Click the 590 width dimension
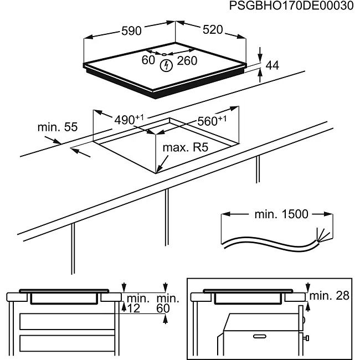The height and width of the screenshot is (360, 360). pos(131,31)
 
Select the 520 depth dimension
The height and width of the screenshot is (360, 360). pos(212,30)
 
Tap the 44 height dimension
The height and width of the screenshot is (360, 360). pos(272,65)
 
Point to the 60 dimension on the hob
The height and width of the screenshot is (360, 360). pos(148,60)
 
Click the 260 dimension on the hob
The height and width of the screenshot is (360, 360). pos(187,60)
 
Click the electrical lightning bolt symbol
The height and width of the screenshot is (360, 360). pos(165,66)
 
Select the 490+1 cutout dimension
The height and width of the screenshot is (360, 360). pos(128,119)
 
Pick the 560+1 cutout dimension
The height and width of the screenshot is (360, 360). pos(212,121)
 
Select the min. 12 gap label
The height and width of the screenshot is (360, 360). pos(135,304)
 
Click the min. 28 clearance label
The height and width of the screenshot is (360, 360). pos(330,296)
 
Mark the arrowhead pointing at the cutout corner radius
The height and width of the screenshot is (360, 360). pos(158,169)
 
